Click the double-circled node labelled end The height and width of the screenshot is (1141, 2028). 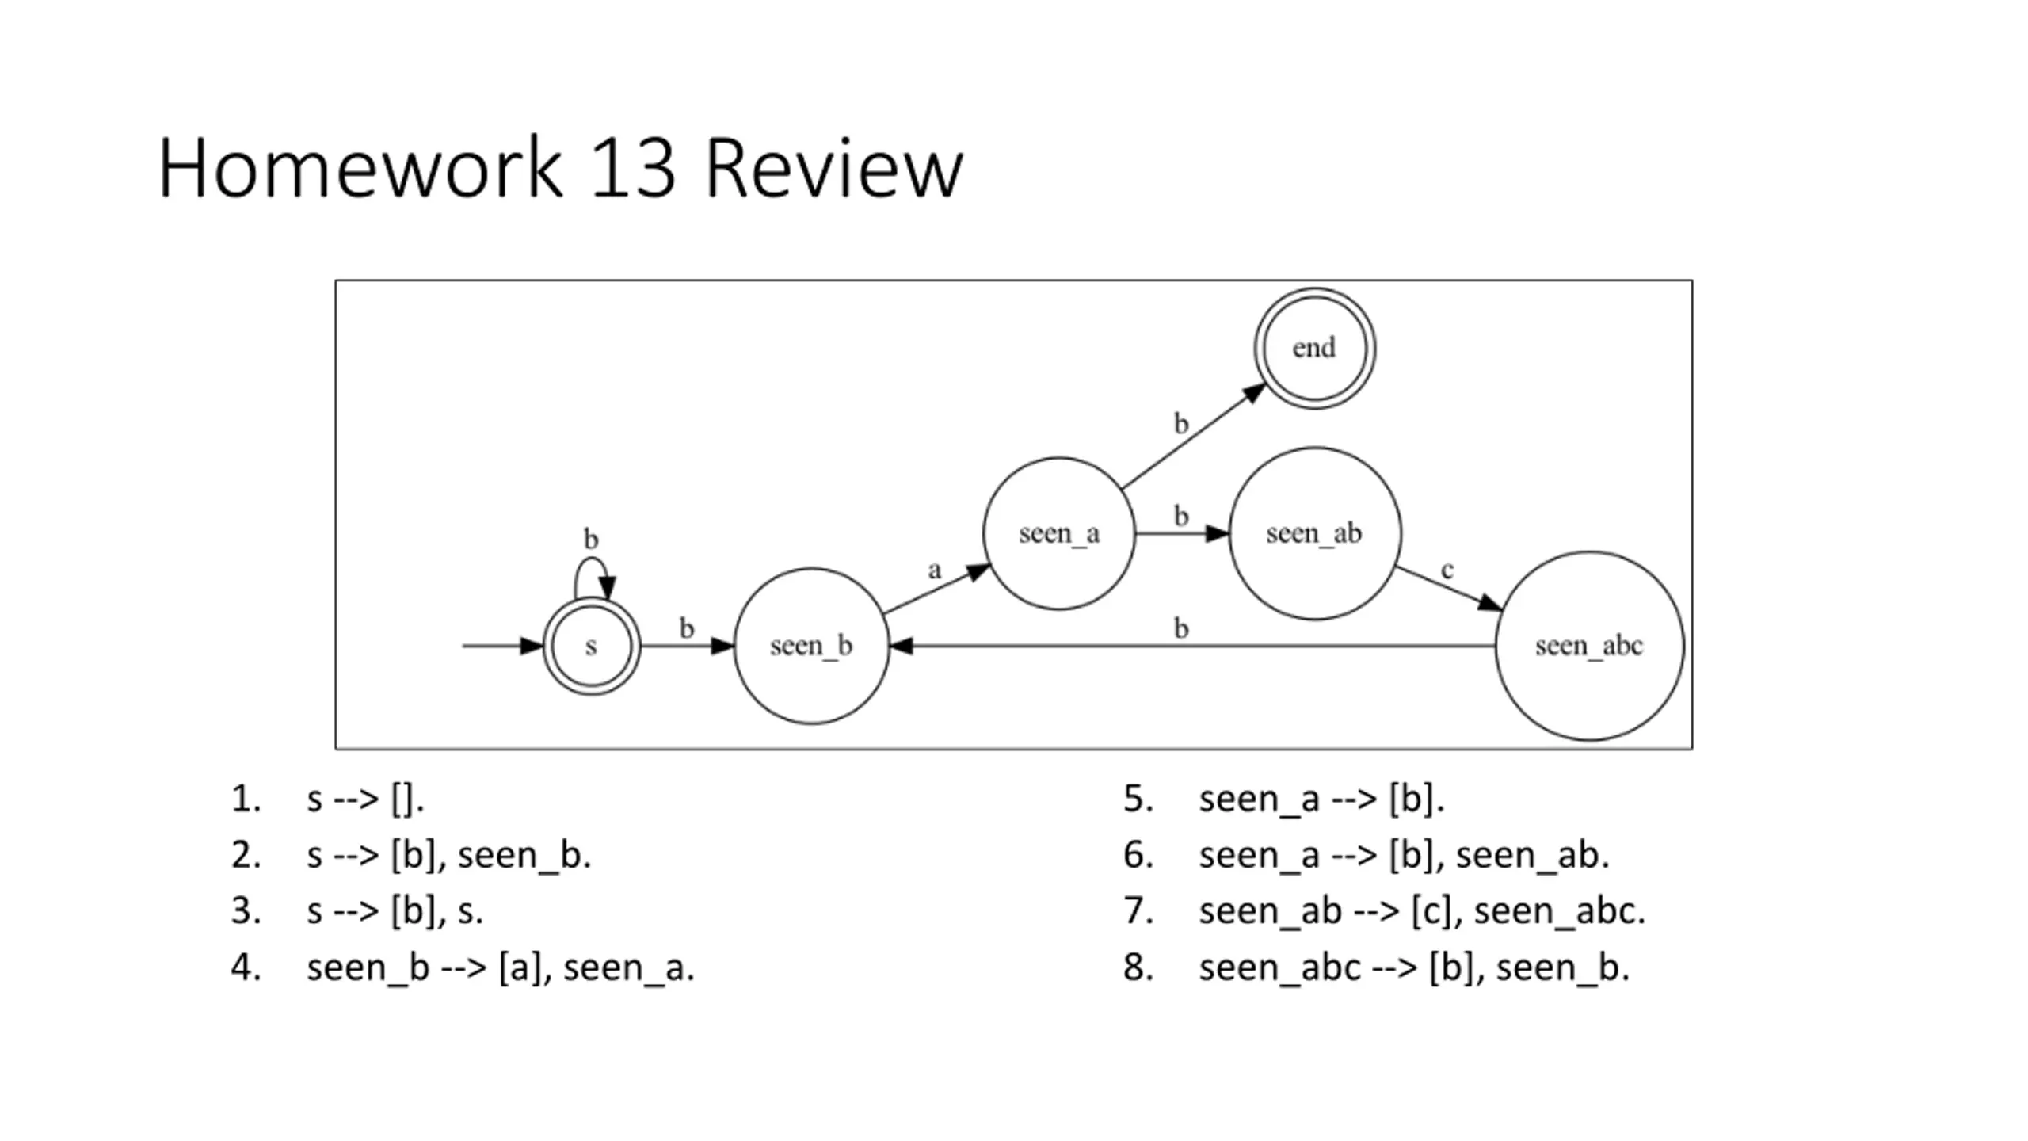(x=1314, y=349)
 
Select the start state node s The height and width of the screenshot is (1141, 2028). (x=591, y=647)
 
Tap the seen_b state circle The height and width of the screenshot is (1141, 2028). (x=811, y=646)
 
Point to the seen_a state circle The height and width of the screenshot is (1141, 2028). (x=1059, y=533)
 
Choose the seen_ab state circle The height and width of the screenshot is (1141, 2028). (x=1314, y=533)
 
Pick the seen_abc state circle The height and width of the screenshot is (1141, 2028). (x=1589, y=646)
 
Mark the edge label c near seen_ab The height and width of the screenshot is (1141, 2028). (x=1447, y=570)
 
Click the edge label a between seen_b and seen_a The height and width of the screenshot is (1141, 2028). (x=935, y=570)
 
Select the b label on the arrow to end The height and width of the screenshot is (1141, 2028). (x=1181, y=424)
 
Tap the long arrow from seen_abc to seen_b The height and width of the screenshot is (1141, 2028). (x=1192, y=647)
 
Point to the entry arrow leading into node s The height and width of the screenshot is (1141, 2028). (x=503, y=647)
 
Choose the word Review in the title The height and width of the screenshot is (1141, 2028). (x=834, y=168)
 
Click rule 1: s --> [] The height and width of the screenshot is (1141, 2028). (x=365, y=799)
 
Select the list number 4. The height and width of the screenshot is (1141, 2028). (x=246, y=967)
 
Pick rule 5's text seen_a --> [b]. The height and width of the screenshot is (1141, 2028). (x=1321, y=799)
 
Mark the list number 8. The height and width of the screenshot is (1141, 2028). (x=1138, y=967)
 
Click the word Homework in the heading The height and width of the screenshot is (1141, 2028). (x=360, y=168)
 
